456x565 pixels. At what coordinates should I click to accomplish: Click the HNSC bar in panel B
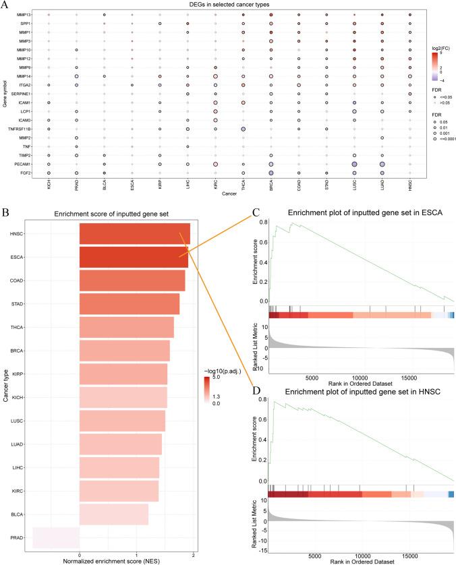(134, 233)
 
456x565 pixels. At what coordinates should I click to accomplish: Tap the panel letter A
(5, 5)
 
